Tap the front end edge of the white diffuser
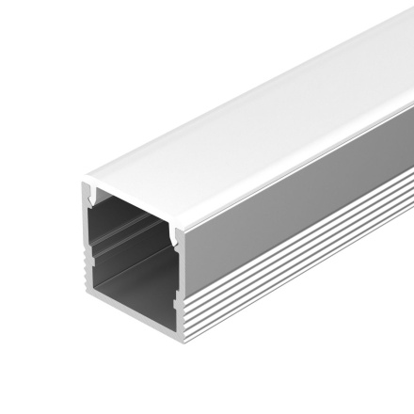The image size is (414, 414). tap(132, 180)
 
